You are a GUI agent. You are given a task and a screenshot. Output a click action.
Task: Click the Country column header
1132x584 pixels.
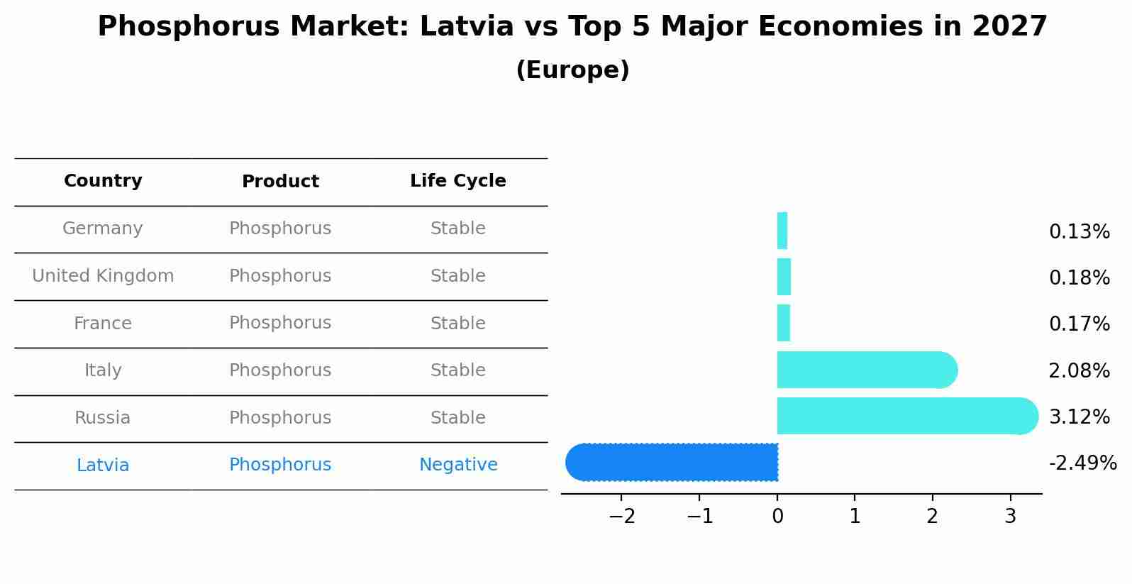tap(103, 181)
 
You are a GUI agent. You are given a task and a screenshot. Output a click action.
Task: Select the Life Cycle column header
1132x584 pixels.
tap(457, 181)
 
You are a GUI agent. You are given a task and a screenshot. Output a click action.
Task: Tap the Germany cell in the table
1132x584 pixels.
tap(103, 228)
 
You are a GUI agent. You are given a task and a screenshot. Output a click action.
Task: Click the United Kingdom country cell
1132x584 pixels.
tap(103, 276)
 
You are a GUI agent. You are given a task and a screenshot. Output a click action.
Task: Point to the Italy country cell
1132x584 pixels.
tap(103, 370)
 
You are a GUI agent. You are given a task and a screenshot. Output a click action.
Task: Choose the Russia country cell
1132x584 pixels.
tap(103, 418)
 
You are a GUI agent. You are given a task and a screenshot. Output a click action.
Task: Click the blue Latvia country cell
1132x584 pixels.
tap(103, 465)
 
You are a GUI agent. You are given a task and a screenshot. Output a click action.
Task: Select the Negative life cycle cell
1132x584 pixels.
tap(457, 465)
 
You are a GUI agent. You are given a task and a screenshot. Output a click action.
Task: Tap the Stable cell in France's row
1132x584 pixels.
tap(457, 324)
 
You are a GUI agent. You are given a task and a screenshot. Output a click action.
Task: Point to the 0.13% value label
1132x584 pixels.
tap(1079, 232)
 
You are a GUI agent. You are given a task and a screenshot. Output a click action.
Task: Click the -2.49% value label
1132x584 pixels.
tap(1082, 463)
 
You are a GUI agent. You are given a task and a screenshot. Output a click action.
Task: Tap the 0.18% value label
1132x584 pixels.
tap(1079, 278)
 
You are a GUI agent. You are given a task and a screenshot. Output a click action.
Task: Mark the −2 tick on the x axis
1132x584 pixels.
tap(622, 517)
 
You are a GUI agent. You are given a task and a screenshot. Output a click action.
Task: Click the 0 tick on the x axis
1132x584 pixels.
tap(777, 517)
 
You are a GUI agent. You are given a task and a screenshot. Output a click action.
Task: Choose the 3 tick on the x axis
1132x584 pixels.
tap(1011, 517)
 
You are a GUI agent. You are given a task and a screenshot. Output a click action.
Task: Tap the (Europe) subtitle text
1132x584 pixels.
tap(572, 70)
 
